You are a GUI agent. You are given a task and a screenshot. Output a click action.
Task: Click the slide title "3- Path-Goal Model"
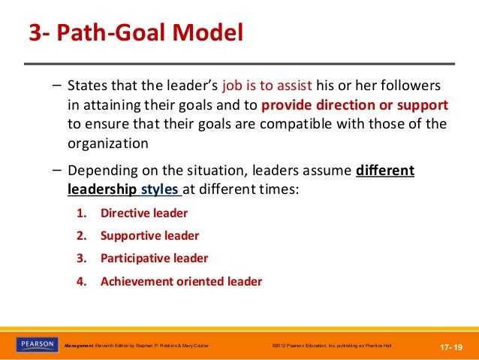[x=135, y=35]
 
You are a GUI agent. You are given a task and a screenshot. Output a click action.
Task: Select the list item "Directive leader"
[x=144, y=213]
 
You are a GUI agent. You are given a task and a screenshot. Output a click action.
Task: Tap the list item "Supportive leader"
[x=149, y=235]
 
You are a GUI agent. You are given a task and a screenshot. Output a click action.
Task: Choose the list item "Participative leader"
[x=154, y=258]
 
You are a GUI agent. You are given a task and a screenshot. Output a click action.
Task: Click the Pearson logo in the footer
[x=36, y=344]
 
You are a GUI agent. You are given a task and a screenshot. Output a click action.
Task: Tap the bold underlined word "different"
[x=386, y=171]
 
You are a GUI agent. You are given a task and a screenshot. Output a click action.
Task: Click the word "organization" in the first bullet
[x=107, y=143]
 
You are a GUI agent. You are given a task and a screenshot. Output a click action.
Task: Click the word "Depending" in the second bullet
[x=101, y=171]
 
